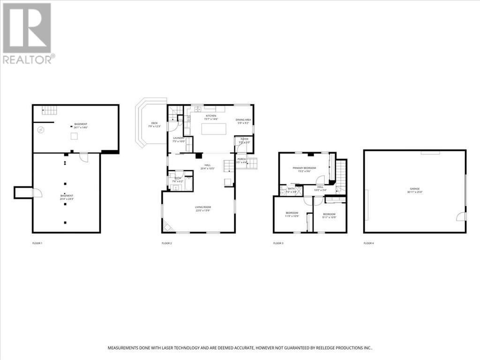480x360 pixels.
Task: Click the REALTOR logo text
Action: (28, 59)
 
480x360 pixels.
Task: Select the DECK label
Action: (154, 123)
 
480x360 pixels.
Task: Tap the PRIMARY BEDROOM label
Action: (304, 168)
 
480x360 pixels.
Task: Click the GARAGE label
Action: (415, 188)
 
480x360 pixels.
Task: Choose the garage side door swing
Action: (461, 216)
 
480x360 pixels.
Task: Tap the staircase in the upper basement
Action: (50, 110)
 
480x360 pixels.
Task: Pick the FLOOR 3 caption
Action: (278, 243)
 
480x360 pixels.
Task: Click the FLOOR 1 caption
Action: (37, 243)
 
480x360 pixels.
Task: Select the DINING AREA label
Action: (244, 120)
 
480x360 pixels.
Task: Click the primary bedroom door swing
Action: (320, 180)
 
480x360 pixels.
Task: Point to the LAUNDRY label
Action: (179, 138)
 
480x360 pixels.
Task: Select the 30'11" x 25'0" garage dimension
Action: (415, 192)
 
